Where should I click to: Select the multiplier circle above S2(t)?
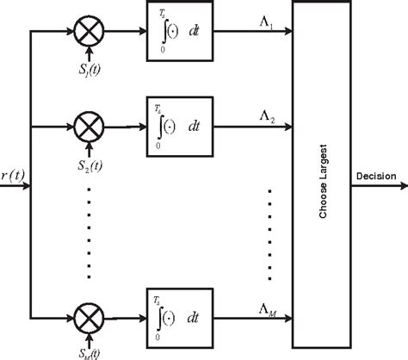pyautogui.click(x=87, y=127)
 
